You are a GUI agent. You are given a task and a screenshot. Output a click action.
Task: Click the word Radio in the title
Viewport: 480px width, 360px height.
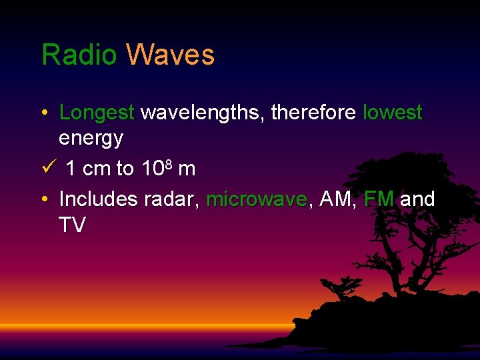pyautogui.click(x=79, y=55)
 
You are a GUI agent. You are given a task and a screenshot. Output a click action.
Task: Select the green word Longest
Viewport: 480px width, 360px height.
pyautogui.click(x=97, y=113)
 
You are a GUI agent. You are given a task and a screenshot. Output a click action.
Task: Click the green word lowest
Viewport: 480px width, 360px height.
pyautogui.click(x=392, y=113)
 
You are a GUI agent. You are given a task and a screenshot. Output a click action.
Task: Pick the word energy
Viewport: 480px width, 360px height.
pyautogui.click(x=91, y=139)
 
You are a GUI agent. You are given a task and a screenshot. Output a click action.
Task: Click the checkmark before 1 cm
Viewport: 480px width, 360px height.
pyautogui.click(x=45, y=168)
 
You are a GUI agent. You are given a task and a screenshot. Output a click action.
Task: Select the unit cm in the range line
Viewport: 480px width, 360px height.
pyautogui.click(x=97, y=169)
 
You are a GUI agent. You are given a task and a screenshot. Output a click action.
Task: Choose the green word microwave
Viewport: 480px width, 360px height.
pyautogui.click(x=257, y=199)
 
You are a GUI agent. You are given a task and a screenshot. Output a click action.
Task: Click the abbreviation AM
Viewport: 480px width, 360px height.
pyautogui.click(x=336, y=199)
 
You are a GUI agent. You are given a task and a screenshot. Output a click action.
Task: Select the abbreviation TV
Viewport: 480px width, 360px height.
pyautogui.click(x=72, y=225)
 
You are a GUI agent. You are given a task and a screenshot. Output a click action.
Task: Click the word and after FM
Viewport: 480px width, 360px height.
pyautogui.click(x=417, y=199)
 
